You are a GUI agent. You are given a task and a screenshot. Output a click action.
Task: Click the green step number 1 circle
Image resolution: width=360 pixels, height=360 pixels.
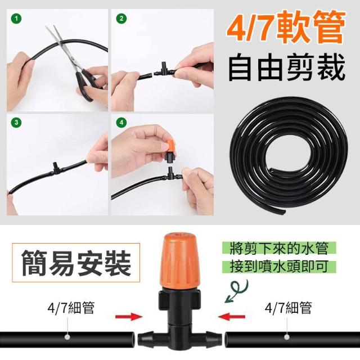pyautogui.click(x=16, y=19)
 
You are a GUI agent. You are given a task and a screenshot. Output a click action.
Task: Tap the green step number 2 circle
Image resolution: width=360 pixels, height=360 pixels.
pyautogui.click(x=121, y=19)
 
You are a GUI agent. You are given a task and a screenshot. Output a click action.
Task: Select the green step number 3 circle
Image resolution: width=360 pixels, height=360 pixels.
pyautogui.click(x=16, y=123)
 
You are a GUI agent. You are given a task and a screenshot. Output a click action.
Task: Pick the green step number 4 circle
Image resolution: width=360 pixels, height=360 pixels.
pyautogui.click(x=121, y=123)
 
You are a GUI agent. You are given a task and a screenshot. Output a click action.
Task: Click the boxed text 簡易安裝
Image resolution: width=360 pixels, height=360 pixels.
pyautogui.click(x=76, y=263)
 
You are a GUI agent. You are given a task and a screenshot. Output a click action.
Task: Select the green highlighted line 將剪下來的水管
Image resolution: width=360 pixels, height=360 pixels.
pyautogui.click(x=279, y=248)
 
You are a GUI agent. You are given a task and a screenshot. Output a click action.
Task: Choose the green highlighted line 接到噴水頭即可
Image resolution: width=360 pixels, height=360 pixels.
pyautogui.click(x=279, y=267)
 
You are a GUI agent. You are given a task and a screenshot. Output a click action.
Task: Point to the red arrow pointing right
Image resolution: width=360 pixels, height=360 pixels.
pyautogui.click(x=129, y=317)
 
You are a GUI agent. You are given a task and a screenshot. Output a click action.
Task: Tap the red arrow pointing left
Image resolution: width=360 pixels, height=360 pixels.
pyautogui.click(x=231, y=317)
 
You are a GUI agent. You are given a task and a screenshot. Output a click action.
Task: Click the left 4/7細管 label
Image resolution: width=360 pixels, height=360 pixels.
pyautogui.click(x=71, y=308)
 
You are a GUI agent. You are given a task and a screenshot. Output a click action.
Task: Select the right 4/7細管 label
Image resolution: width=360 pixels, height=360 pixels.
pyautogui.click(x=288, y=308)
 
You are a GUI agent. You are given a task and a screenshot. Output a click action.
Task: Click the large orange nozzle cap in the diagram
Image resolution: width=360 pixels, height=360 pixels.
pyautogui.click(x=180, y=260)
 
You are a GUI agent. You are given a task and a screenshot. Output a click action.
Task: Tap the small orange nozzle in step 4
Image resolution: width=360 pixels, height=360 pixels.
pyautogui.click(x=170, y=145)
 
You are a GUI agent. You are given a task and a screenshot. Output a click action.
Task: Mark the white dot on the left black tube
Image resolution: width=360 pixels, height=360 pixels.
pyautogui.click(x=67, y=337)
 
